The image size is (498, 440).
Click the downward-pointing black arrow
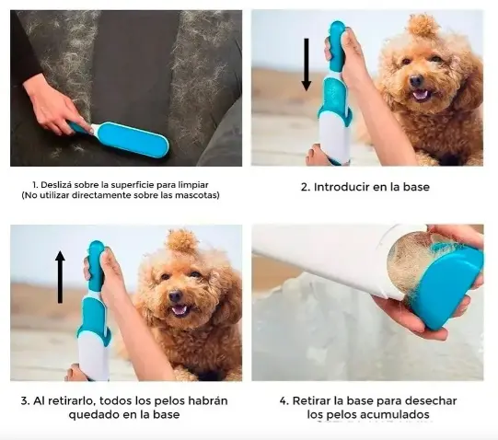pyautogui.click(x=307, y=64)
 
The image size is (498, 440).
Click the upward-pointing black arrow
pyautogui.click(x=60, y=277)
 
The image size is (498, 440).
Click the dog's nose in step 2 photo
pyautogui.click(x=416, y=80)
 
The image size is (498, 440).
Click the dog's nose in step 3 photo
pyautogui.click(x=175, y=296)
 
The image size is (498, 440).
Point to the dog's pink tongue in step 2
pyautogui.click(x=421, y=95)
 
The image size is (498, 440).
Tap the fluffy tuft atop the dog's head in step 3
pyautogui.click(x=182, y=240)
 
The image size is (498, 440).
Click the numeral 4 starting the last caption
pyautogui.click(x=284, y=401)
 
